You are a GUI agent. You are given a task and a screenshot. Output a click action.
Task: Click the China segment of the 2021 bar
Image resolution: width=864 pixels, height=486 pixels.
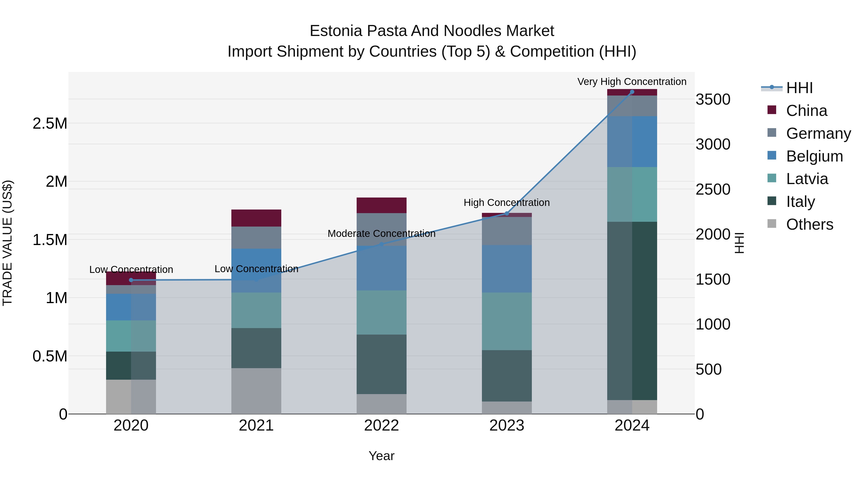point(256,218)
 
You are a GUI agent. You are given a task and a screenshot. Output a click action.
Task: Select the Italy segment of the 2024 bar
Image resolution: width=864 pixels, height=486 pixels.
point(632,311)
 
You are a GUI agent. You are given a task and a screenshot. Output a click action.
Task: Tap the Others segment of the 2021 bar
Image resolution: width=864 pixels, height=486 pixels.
point(256,391)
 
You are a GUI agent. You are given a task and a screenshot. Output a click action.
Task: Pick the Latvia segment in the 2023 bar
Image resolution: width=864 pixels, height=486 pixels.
point(506,321)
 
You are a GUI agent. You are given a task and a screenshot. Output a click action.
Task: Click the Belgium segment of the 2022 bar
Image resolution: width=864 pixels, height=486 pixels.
point(381,268)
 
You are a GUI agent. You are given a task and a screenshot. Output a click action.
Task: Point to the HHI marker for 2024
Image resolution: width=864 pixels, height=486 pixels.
point(632,92)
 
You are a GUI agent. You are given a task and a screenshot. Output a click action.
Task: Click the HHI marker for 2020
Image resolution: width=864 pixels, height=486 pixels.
point(131,280)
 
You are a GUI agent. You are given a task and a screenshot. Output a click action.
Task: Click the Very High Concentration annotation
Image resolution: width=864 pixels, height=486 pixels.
point(632,82)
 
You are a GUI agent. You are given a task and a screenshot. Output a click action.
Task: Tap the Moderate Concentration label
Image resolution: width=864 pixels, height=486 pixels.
point(381,234)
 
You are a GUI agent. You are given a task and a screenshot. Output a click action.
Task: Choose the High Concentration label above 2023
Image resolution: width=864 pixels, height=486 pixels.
point(506,203)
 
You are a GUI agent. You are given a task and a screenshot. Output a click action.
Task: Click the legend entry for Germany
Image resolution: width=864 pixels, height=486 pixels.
point(818,133)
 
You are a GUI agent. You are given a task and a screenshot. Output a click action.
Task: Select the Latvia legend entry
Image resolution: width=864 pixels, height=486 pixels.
point(807,179)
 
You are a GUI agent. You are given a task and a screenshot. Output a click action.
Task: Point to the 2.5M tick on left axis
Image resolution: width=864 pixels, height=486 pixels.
point(50,123)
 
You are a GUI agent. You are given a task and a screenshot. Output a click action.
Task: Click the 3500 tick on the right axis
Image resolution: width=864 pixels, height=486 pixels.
point(713,99)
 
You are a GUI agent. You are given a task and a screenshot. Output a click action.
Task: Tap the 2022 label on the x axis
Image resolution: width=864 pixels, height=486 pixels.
point(381,426)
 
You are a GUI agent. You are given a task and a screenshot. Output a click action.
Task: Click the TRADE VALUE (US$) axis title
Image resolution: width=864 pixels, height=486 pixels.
point(7,243)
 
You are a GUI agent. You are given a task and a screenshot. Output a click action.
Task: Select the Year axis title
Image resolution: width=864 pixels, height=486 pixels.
point(381,456)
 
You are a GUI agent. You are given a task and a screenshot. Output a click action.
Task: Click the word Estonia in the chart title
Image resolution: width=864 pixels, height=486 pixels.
point(336,31)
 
